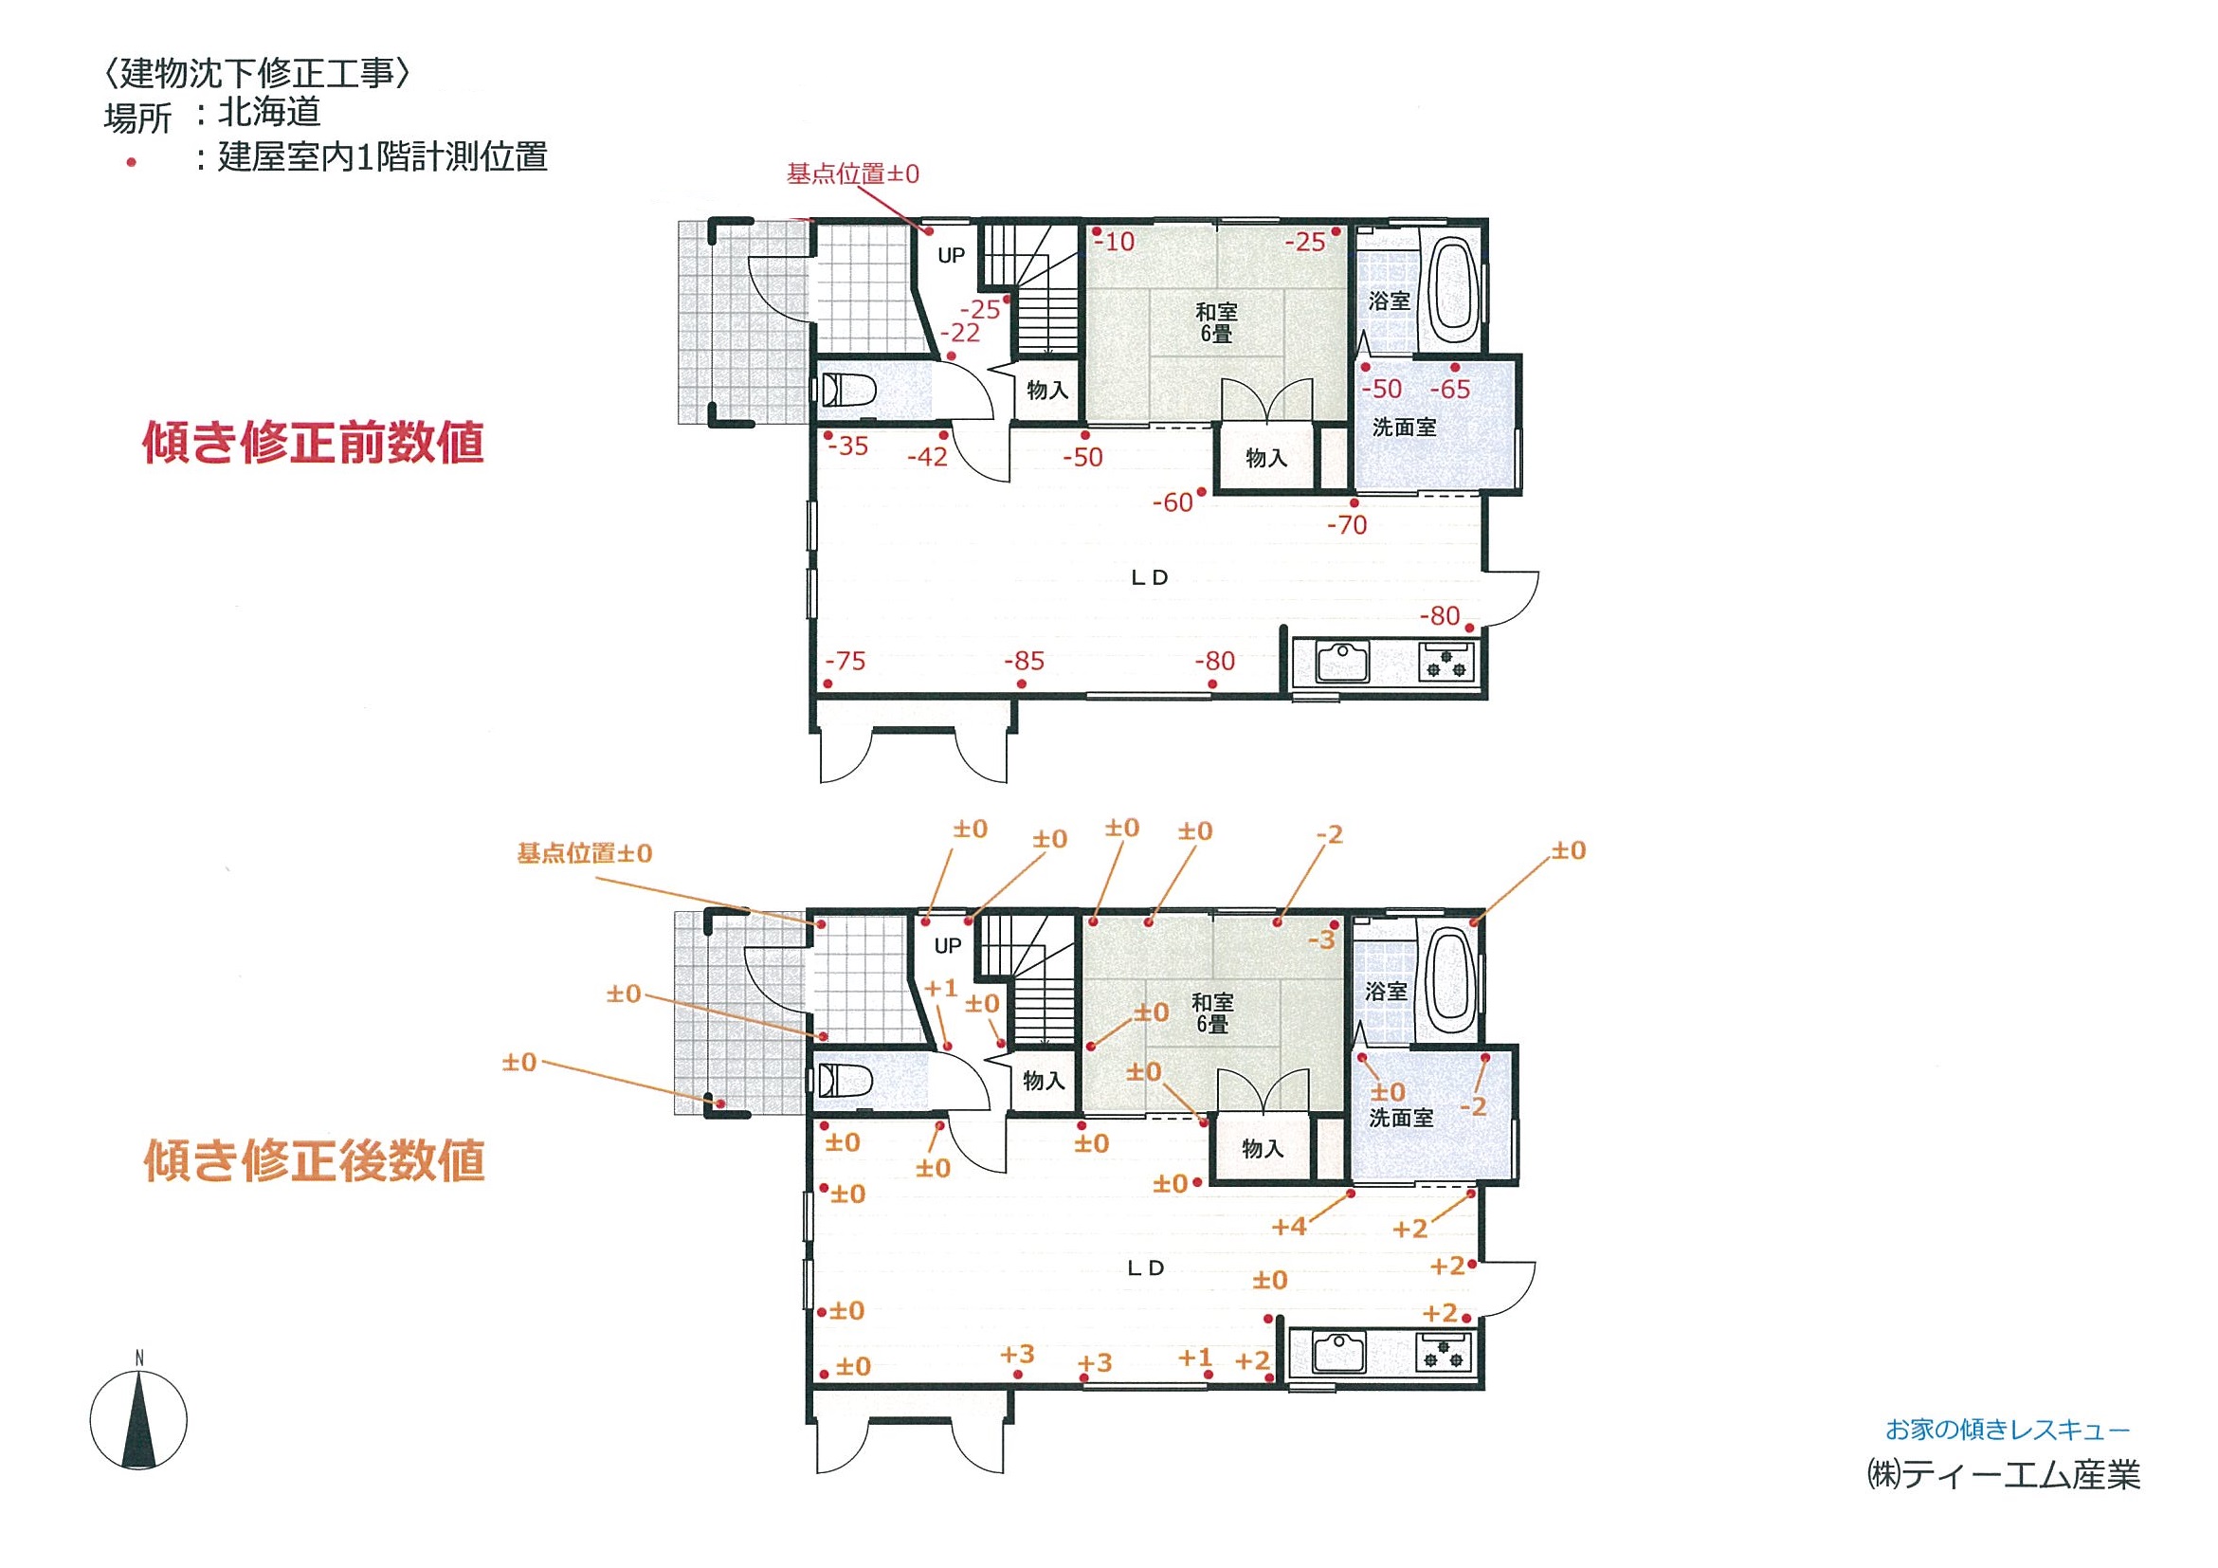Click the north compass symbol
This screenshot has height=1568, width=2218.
coord(139,1419)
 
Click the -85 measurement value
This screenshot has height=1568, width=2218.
coord(1024,662)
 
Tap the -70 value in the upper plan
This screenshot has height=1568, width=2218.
coord(1347,525)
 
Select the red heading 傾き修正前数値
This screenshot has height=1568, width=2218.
coord(313,444)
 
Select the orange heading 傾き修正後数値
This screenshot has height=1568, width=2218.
coord(314,1160)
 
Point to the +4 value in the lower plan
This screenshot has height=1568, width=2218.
coord(1290,1227)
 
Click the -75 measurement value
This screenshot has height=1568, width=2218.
coord(845,662)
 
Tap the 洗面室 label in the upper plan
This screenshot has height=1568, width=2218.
coord(1404,428)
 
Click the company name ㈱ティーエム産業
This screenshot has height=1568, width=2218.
coord(2003,1475)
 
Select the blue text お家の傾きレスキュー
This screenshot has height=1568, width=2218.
coord(2008,1429)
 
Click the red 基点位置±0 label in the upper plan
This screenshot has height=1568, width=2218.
coord(853,174)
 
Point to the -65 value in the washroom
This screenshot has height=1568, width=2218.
coord(1449,390)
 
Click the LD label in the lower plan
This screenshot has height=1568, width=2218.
coord(1146,1268)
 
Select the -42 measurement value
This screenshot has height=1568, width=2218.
coord(927,457)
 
